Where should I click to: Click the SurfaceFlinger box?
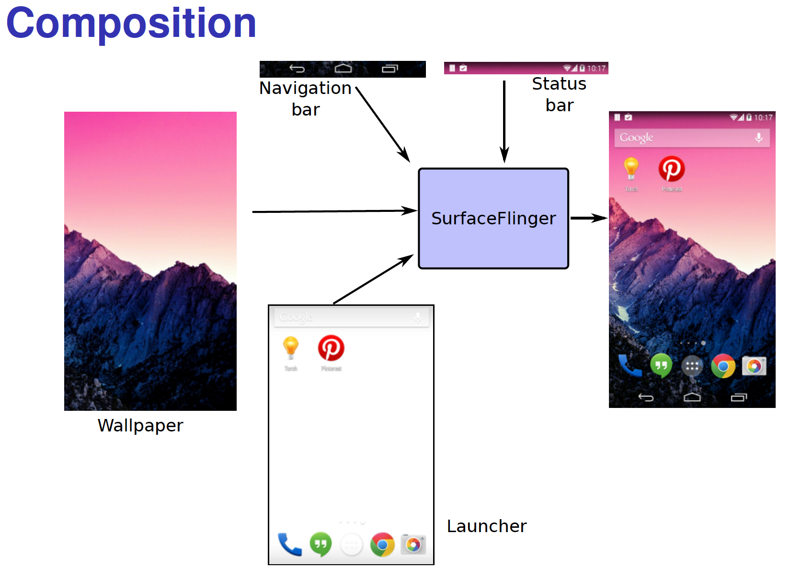tap(493, 218)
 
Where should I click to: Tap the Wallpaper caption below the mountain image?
tap(140, 426)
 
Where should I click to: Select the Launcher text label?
tap(486, 526)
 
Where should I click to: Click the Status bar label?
tap(559, 94)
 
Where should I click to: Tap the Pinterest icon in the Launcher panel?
tap(331, 348)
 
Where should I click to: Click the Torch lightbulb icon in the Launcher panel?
tap(291, 348)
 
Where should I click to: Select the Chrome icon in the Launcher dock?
tap(382, 545)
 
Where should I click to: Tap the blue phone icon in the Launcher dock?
tap(290, 545)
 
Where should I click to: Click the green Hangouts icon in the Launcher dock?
tap(321, 544)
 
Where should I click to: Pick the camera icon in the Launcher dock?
tap(413, 544)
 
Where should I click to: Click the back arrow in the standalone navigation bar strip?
tap(297, 69)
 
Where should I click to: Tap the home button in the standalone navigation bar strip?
tap(343, 69)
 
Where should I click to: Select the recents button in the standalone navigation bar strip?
tap(390, 69)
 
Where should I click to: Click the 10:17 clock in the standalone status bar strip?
tap(596, 69)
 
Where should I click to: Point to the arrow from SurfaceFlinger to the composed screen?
tap(588, 218)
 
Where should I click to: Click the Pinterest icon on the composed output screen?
tap(671, 169)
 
